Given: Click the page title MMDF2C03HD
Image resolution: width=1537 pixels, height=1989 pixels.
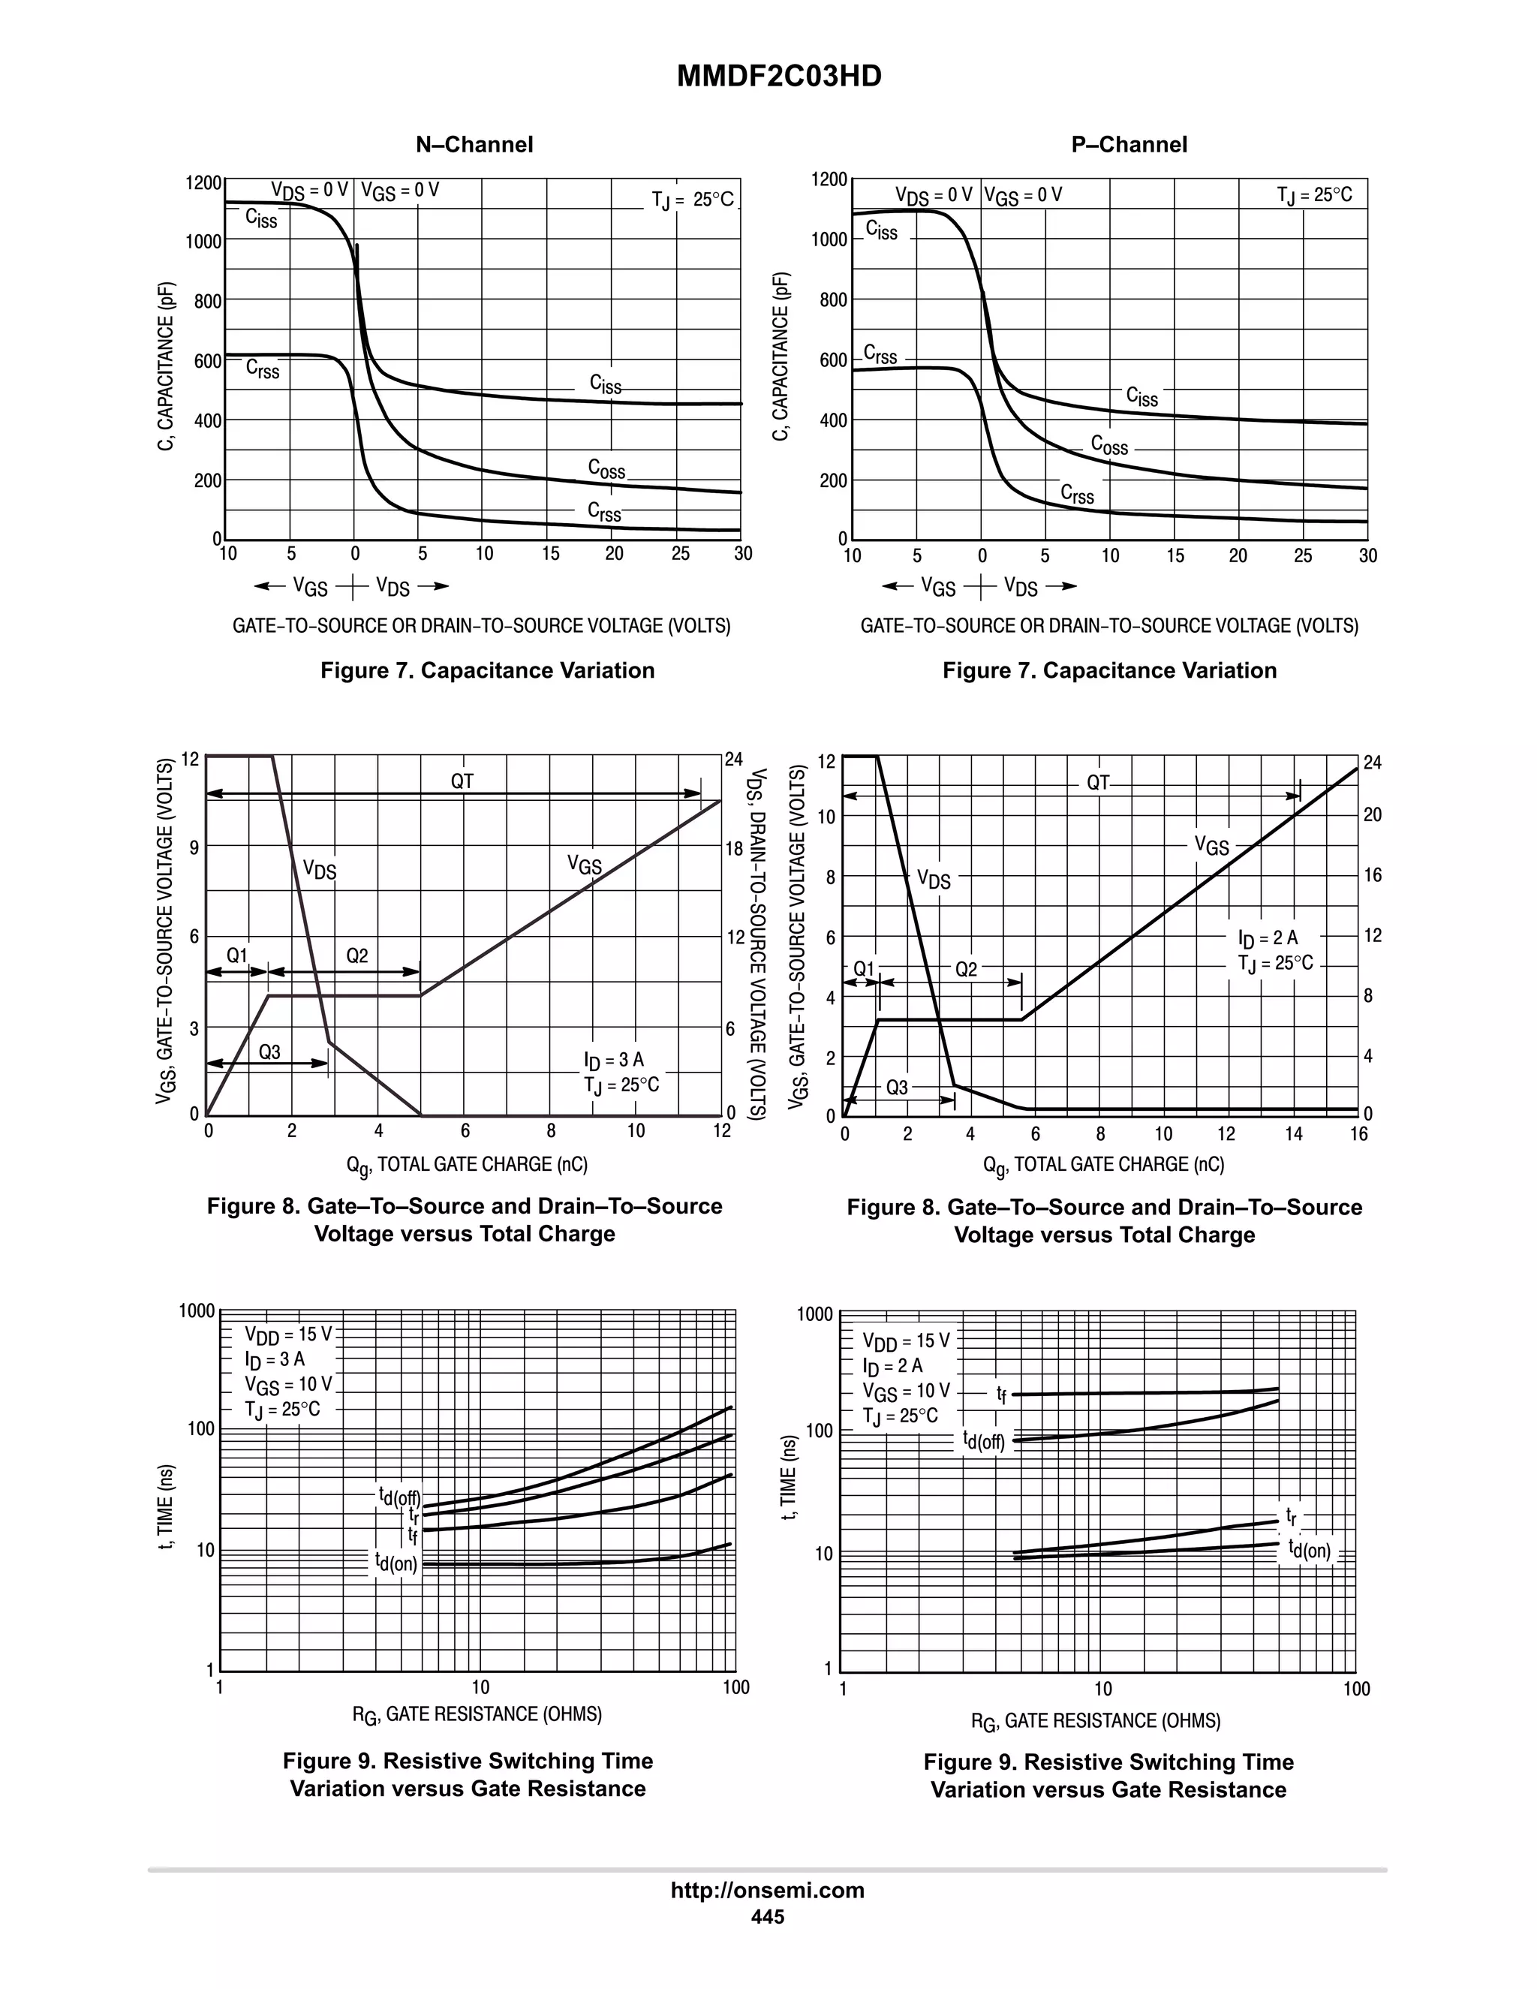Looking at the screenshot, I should [778, 77].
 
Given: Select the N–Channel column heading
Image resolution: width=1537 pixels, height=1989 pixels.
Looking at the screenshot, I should [474, 145].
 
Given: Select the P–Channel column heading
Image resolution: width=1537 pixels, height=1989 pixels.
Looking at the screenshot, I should [1128, 145].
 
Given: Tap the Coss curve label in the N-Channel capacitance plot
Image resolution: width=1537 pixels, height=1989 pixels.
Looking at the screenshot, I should [606, 469].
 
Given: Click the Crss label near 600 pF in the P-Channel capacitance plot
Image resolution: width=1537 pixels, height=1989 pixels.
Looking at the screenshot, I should [880, 354].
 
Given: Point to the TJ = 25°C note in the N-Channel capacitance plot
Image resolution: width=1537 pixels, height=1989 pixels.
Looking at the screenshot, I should [692, 200].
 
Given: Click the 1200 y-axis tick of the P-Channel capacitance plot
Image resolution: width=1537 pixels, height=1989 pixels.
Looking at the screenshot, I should [829, 179].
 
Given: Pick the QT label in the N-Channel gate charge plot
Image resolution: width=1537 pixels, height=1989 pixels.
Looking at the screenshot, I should [462, 781].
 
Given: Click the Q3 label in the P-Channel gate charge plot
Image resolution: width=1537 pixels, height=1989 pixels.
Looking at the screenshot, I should [897, 1088].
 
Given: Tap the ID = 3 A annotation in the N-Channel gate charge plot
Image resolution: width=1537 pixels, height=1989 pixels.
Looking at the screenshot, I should [614, 1060].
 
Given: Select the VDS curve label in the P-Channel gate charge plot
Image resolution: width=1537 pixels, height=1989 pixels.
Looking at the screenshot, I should [934, 880].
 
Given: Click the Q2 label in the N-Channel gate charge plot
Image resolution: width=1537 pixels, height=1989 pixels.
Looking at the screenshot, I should [357, 955].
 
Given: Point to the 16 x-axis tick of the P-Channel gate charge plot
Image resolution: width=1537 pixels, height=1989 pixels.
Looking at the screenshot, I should [1358, 1134].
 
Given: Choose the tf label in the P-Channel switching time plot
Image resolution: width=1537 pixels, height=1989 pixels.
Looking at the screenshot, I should [1002, 1395].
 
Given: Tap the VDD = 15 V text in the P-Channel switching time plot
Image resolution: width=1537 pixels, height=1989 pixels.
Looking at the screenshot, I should [906, 1341].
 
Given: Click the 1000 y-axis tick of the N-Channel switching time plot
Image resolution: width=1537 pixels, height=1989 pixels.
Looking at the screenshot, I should [197, 1310].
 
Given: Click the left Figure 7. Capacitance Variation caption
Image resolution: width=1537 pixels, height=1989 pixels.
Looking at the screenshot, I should [487, 670].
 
